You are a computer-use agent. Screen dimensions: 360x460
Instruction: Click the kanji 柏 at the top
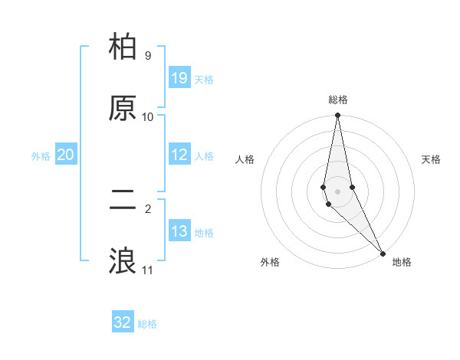(x=123, y=47)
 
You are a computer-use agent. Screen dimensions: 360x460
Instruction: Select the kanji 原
(x=123, y=108)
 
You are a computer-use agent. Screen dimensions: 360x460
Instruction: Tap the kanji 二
(x=123, y=201)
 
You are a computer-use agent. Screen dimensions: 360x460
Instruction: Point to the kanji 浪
(x=123, y=261)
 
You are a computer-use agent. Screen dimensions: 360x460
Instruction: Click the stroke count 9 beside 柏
(x=147, y=56)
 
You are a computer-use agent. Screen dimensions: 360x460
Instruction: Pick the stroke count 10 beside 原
(x=148, y=116)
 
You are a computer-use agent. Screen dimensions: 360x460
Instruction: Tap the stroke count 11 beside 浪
(x=148, y=270)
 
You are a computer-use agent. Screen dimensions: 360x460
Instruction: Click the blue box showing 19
(x=179, y=77)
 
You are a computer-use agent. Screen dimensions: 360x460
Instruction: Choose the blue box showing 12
(x=179, y=155)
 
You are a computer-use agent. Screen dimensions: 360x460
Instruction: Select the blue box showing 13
(x=179, y=231)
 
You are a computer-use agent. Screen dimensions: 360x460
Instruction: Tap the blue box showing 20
(x=66, y=155)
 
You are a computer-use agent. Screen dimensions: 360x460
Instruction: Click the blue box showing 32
(x=123, y=322)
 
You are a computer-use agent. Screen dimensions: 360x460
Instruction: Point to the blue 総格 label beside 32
(x=147, y=324)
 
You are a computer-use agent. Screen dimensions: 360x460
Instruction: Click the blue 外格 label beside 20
(x=41, y=156)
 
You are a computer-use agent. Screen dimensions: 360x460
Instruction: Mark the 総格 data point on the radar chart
(x=337, y=116)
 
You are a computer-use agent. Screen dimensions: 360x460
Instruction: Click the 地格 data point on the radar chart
(x=383, y=253)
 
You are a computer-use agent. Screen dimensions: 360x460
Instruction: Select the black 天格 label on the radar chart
(x=432, y=159)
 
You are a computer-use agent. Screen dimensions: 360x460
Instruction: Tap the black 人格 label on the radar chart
(x=245, y=159)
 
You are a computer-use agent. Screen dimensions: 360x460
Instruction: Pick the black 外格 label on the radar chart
(x=270, y=262)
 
